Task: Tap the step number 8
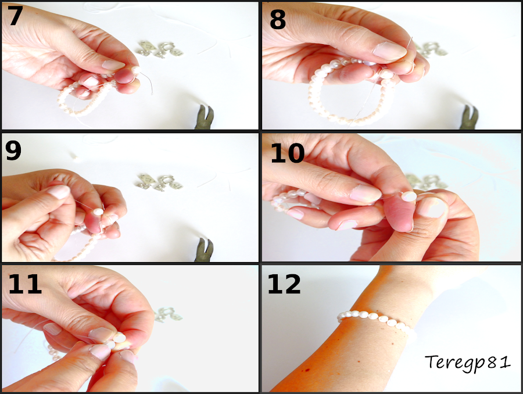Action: [x=278, y=19]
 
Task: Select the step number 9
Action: [x=13, y=151]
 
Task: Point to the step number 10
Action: [x=287, y=153]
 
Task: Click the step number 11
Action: [x=25, y=284]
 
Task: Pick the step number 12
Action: [x=284, y=284]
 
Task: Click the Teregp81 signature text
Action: [x=467, y=363]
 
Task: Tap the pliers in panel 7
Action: [x=204, y=117]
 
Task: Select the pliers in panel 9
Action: [x=204, y=249]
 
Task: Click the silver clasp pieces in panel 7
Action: [x=160, y=49]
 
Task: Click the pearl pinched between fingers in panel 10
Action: [x=409, y=196]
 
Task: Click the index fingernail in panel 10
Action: [x=366, y=194]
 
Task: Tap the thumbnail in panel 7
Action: [x=113, y=65]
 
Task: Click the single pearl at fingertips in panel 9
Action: [x=98, y=212]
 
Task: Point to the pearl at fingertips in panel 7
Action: [x=136, y=70]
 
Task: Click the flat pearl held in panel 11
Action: [x=119, y=338]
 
